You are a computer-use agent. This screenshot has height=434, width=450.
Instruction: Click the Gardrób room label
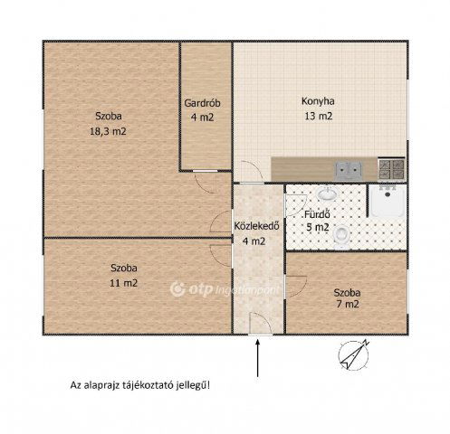coord(202,103)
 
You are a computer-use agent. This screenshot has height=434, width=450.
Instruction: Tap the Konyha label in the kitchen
coord(318,101)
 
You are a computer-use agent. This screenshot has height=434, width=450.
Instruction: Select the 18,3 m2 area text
coord(108,131)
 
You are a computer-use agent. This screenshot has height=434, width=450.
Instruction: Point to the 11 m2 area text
coord(124,283)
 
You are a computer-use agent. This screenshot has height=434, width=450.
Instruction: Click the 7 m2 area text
coord(348,304)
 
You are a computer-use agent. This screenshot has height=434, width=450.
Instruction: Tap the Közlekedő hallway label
coord(256,226)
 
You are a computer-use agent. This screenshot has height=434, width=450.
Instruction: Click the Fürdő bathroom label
coord(317,214)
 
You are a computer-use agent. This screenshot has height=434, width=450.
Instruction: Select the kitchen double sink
coord(348,170)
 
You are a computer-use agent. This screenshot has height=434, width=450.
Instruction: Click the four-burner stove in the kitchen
coord(391,169)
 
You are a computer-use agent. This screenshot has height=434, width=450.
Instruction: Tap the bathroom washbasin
coord(327,193)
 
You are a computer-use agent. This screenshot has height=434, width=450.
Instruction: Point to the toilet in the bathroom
coord(341,236)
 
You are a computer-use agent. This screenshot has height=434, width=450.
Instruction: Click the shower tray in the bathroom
coord(388,201)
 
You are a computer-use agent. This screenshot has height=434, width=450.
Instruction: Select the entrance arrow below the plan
coord(257,358)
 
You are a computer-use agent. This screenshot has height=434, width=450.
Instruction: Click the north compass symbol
coord(353,355)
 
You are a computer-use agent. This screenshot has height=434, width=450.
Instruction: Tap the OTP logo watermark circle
coord(177,289)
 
